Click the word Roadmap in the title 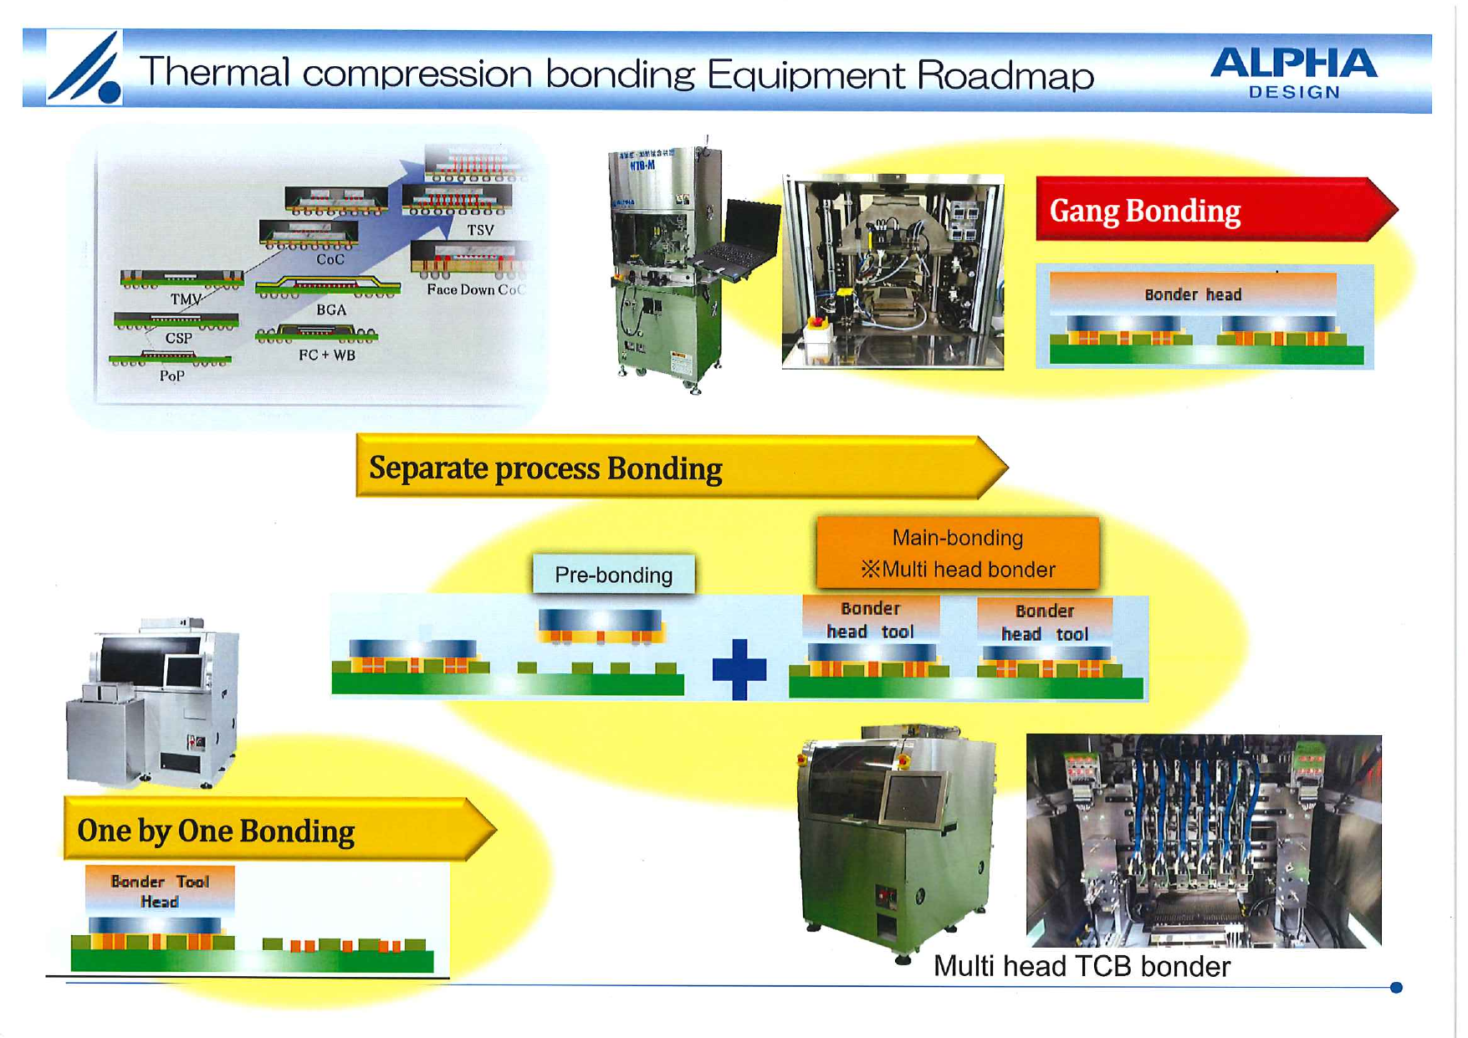[x=1005, y=75]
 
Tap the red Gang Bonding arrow [x=1205, y=210]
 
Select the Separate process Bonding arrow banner [x=669, y=468]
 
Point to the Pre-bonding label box [x=614, y=575]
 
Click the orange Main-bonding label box [x=958, y=553]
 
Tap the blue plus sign [x=739, y=669]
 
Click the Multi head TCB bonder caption [x=1082, y=966]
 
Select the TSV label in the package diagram [x=480, y=230]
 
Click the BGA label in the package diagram [x=331, y=309]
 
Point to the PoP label [x=172, y=376]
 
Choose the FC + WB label [x=327, y=355]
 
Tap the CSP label [x=178, y=338]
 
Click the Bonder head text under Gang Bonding [x=1193, y=294]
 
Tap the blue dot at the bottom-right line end [x=1395, y=988]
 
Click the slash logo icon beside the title [x=84, y=68]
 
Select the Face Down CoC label [x=475, y=289]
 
